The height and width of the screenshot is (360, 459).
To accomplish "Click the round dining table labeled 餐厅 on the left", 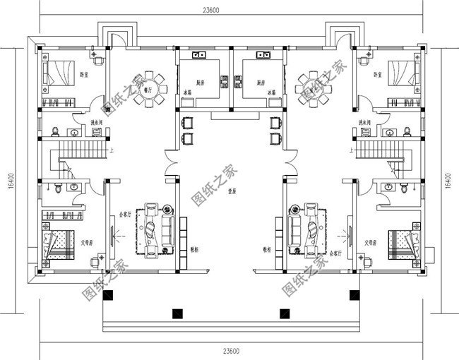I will click(150, 89).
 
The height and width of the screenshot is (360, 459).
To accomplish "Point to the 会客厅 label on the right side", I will click(335, 252).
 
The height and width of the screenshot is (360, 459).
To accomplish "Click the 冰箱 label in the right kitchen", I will click(270, 92).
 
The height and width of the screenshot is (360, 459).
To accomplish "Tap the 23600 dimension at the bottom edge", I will click(230, 351).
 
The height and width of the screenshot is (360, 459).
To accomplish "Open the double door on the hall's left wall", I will click(167, 162).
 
